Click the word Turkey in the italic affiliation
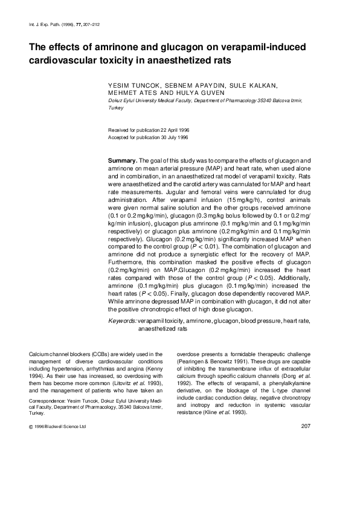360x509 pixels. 116,108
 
